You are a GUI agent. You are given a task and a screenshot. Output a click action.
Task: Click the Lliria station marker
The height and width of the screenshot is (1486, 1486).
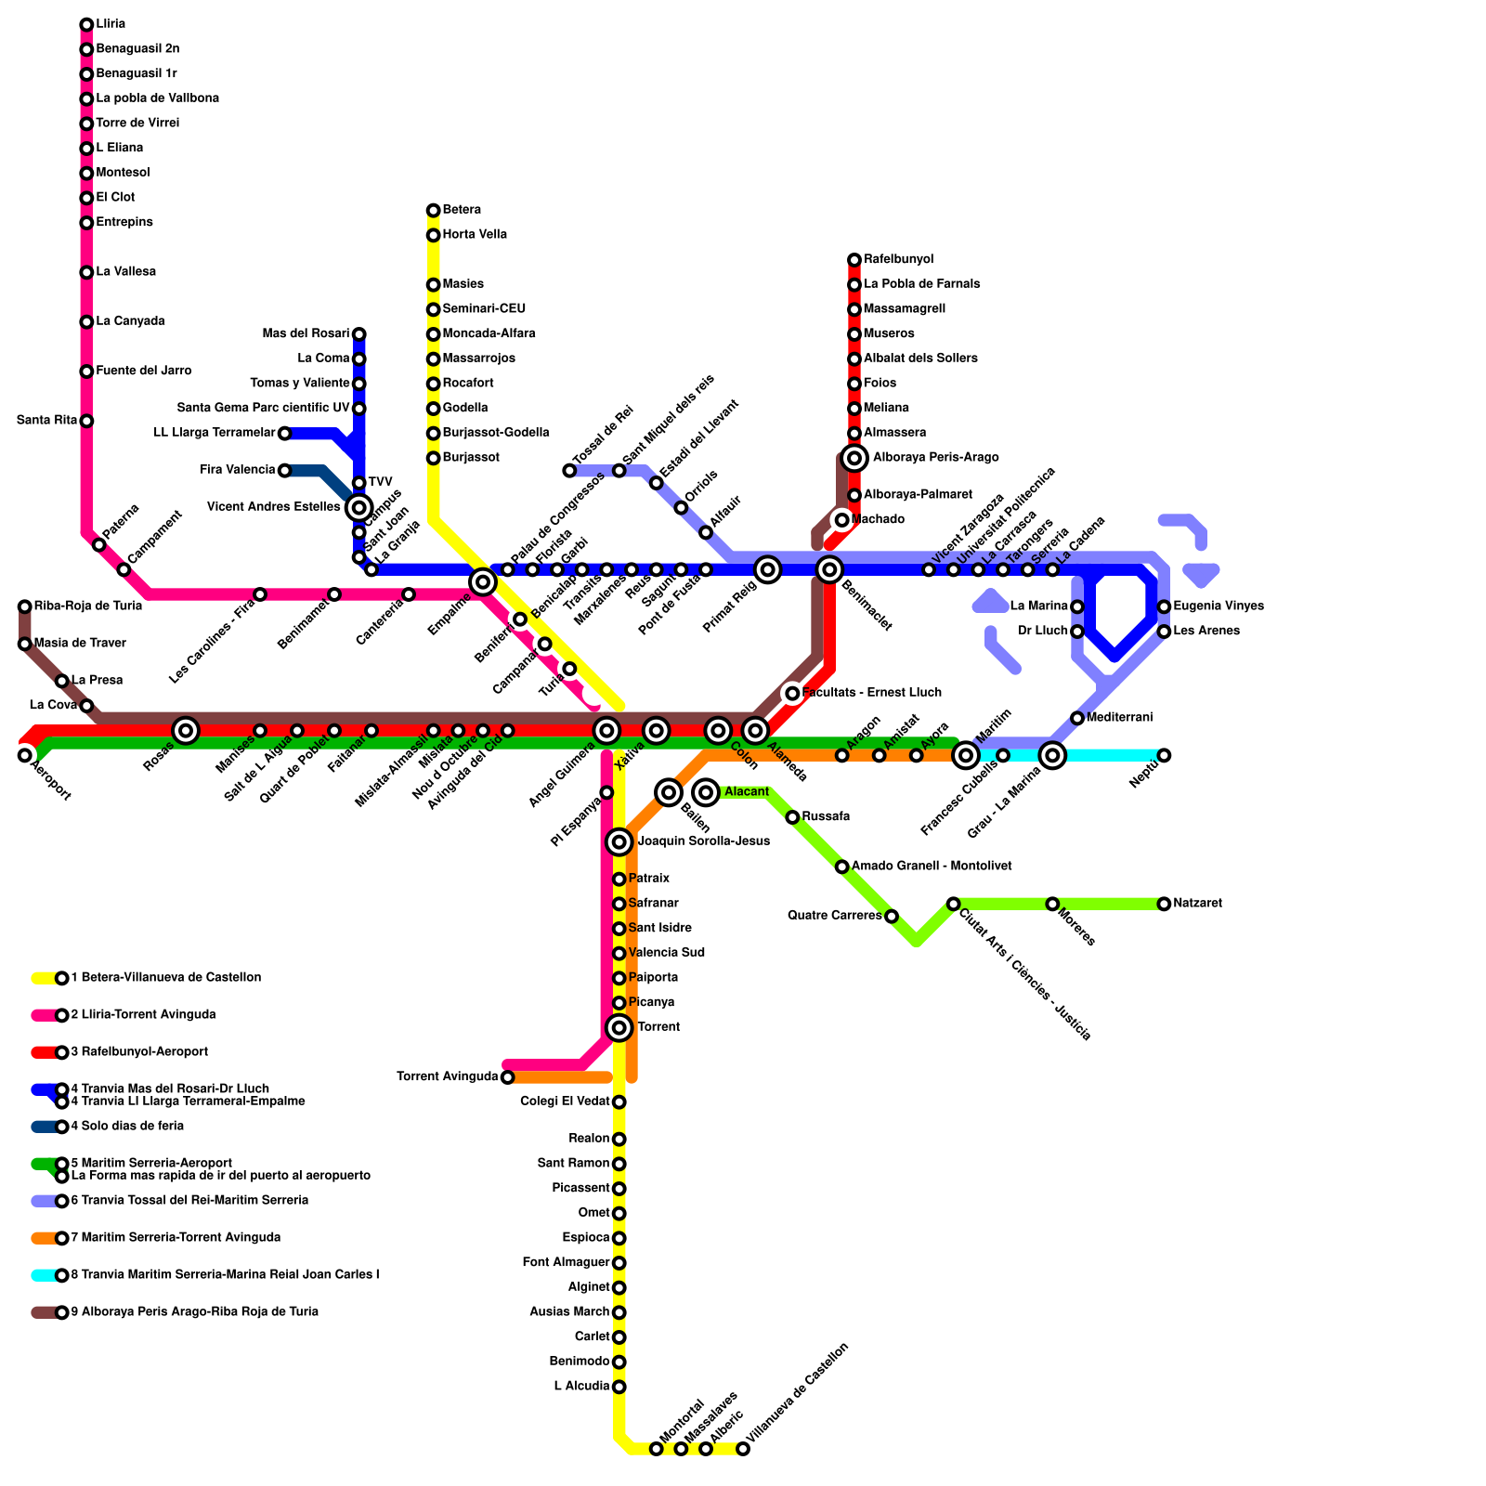pyautogui.click(x=86, y=24)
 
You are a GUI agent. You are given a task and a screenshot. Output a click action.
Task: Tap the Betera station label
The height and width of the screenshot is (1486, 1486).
pyautogui.click(x=462, y=210)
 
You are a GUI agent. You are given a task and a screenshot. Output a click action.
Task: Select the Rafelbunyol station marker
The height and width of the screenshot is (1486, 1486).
pyautogui.click(x=854, y=260)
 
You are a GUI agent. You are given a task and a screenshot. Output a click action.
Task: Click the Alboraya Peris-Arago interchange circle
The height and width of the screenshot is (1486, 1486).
pyautogui.click(x=854, y=458)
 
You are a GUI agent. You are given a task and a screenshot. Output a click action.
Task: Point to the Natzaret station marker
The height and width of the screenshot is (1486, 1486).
pyautogui.click(x=1164, y=904)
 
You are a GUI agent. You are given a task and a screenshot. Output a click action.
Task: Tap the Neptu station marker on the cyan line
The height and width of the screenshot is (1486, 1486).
pyautogui.click(x=1164, y=755)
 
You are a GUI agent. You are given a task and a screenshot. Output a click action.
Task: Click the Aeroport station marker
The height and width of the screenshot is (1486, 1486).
pyautogui.click(x=25, y=755)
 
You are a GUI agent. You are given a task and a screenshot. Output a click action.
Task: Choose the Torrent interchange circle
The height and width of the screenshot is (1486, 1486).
pyautogui.click(x=619, y=1027)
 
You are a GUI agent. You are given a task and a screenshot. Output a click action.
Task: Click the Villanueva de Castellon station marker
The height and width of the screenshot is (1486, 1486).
pyautogui.click(x=743, y=1449)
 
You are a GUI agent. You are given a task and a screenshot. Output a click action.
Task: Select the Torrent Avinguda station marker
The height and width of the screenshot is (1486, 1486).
pyautogui.click(x=507, y=1077)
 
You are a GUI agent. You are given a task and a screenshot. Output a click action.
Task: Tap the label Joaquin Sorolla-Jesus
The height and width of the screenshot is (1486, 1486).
pyautogui.click(x=703, y=841)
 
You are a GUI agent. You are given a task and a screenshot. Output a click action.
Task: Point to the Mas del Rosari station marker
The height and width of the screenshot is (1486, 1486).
pyautogui.click(x=359, y=334)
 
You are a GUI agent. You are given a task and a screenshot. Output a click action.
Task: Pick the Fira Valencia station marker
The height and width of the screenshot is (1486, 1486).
pyautogui.click(x=285, y=471)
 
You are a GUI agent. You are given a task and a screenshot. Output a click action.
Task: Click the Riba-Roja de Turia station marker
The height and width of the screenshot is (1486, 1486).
pyautogui.click(x=25, y=606)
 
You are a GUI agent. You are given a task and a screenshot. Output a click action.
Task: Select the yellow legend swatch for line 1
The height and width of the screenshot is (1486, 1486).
pyautogui.click(x=43, y=978)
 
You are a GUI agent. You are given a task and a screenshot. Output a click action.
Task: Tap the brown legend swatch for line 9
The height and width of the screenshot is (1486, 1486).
pyautogui.click(x=43, y=1312)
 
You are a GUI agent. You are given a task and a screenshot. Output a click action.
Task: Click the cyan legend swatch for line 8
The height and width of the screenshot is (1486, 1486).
pyautogui.click(x=43, y=1275)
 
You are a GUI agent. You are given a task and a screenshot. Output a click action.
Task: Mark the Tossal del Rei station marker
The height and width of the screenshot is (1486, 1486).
pyautogui.click(x=569, y=471)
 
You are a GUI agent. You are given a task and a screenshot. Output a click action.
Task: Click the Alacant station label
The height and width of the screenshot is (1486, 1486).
pyautogui.click(x=747, y=792)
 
